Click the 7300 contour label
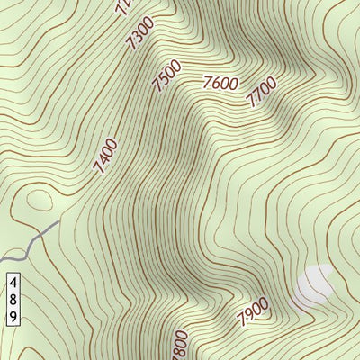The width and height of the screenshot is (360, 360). [141, 35]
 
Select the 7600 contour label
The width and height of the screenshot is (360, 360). [220, 85]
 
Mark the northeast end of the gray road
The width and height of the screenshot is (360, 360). [59, 221]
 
